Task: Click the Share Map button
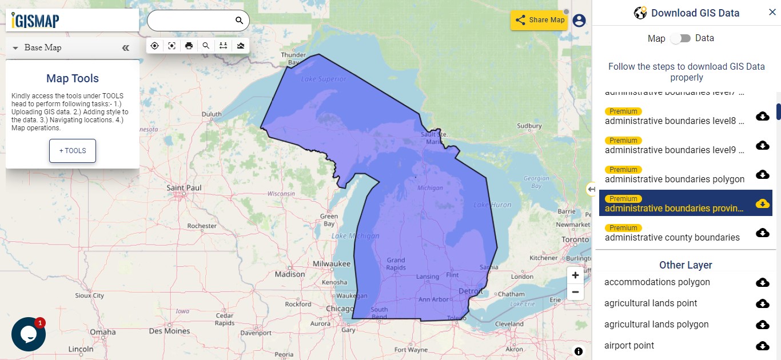(539, 20)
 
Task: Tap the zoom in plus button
(575, 275)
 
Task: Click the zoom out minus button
(575, 292)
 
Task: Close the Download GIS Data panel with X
(772, 13)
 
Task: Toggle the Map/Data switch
(680, 38)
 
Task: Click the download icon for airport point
(762, 346)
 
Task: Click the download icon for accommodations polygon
(762, 282)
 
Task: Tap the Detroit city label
(471, 291)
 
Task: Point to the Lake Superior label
(323, 79)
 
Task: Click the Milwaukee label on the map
(332, 263)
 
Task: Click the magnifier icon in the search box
(239, 21)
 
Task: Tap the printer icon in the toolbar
(189, 46)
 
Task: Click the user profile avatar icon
(579, 21)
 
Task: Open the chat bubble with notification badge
(29, 334)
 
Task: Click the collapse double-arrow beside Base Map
(126, 48)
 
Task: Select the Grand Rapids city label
(396, 263)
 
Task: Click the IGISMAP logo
(35, 21)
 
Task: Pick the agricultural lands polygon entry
(656, 325)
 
